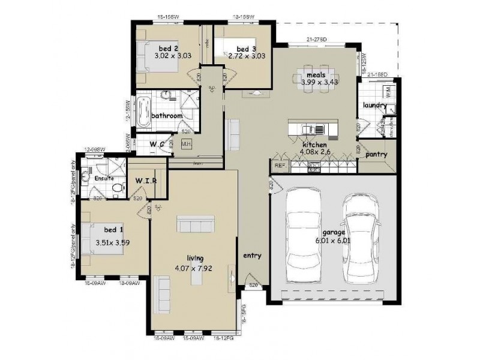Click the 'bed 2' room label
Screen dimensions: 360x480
[x=169, y=48]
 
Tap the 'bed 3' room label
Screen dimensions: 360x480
[x=246, y=49]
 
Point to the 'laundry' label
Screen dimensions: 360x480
[x=374, y=106]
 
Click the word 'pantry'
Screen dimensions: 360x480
[x=376, y=154]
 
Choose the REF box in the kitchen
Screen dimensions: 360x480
[x=279, y=165]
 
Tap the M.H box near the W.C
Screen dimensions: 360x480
[x=186, y=144]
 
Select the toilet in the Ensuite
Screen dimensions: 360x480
[x=117, y=188]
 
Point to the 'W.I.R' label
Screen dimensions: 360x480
[x=146, y=181]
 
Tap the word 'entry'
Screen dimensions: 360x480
[x=252, y=256]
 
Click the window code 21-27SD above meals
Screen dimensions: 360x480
[x=316, y=40]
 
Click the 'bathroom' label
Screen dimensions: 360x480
[x=166, y=115]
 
